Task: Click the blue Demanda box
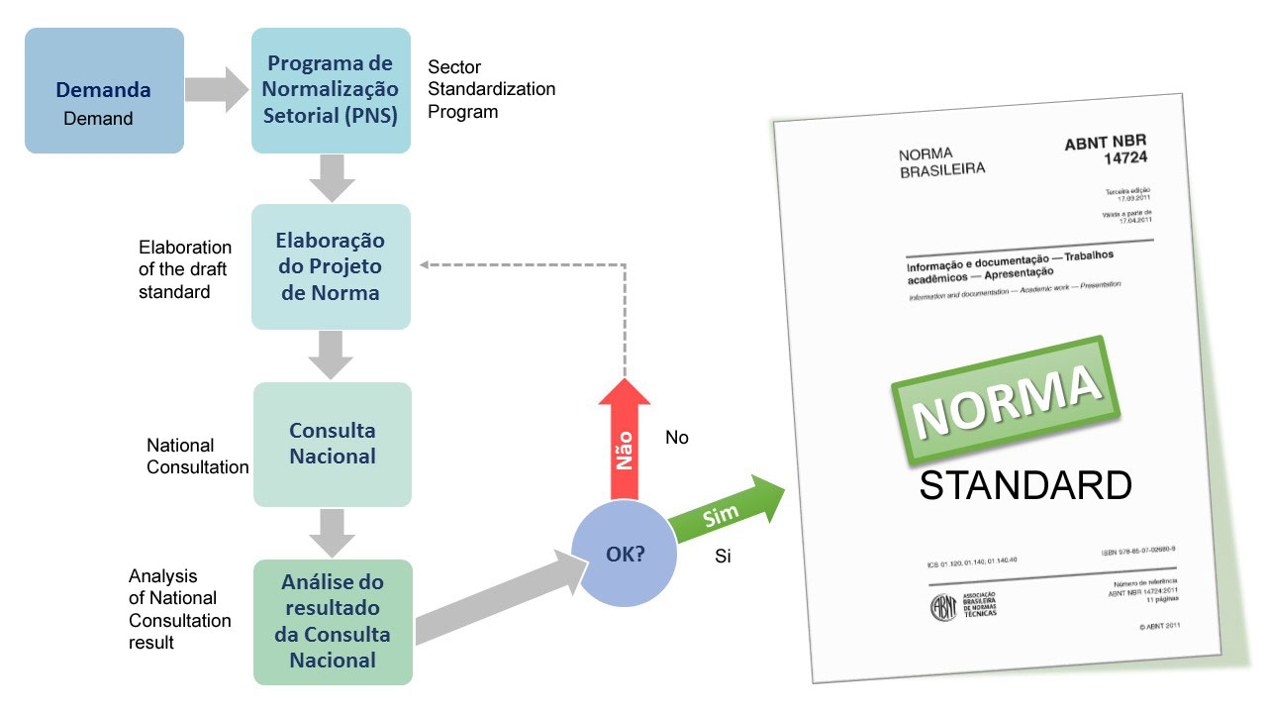pos(104,90)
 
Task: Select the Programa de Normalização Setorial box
pos(331,90)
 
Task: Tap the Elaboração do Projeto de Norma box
pos(331,266)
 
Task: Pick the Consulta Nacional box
pos(332,444)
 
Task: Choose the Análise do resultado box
pos(332,621)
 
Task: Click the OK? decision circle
pos(625,555)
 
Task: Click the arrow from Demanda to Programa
pos(217,90)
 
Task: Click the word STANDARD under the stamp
pos(1025,486)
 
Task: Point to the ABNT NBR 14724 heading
pos(1106,151)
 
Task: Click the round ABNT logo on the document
pos(942,606)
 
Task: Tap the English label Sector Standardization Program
pos(491,89)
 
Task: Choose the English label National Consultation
pos(197,457)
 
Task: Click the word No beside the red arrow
pos(677,438)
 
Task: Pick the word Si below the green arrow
pos(723,557)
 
